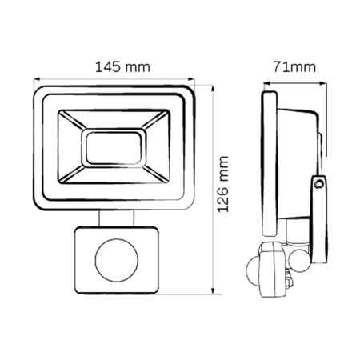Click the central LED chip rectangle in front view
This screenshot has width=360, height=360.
pyautogui.click(x=115, y=148)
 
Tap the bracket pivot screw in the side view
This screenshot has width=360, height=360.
pyautogui.click(x=319, y=184)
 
